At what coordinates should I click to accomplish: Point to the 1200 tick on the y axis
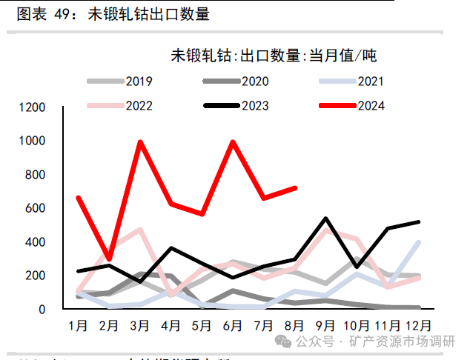[53, 108]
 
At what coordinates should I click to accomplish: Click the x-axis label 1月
[78, 325]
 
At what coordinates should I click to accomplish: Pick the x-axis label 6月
[233, 325]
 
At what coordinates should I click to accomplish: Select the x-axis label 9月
[326, 325]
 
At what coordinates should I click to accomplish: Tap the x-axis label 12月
[418, 325]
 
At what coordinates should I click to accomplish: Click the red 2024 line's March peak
[140, 142]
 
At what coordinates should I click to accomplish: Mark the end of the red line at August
[295, 188]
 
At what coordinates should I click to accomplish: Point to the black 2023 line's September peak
[326, 219]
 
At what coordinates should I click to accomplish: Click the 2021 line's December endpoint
[420, 242]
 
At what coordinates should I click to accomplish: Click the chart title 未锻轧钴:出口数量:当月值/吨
[274, 56]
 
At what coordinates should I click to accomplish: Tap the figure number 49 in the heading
[66, 14]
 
